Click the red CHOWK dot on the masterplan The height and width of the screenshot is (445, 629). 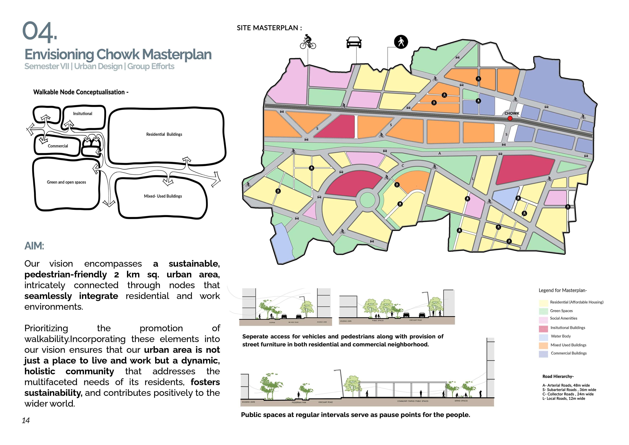click(510, 118)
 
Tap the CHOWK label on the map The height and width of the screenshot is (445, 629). click(512, 113)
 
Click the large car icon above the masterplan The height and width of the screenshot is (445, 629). click(354, 43)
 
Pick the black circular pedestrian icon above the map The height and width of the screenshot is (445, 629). click(401, 42)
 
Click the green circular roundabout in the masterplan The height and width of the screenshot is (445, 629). click(367, 200)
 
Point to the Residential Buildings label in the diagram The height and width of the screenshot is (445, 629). click(164, 134)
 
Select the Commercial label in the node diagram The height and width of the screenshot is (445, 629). click(58, 146)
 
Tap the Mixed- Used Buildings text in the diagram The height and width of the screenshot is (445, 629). click(163, 196)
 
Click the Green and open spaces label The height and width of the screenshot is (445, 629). click(66, 182)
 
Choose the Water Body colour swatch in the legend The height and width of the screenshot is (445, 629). click(543, 337)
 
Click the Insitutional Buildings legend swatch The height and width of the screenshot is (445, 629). click(543, 328)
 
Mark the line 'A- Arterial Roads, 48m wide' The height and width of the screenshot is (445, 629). click(566, 385)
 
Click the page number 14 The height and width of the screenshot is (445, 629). click(26, 421)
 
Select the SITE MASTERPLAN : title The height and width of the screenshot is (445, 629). click(269, 28)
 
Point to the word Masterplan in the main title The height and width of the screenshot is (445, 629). click(177, 55)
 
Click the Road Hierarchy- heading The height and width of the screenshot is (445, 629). click(558, 376)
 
